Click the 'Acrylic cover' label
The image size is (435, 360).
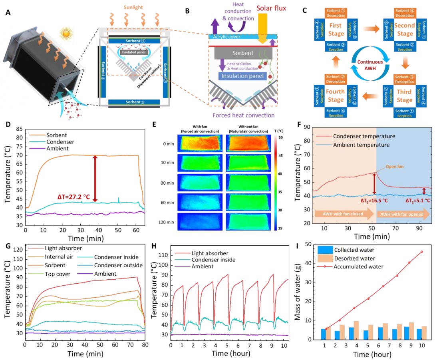pyautogui.click(x=226, y=36)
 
